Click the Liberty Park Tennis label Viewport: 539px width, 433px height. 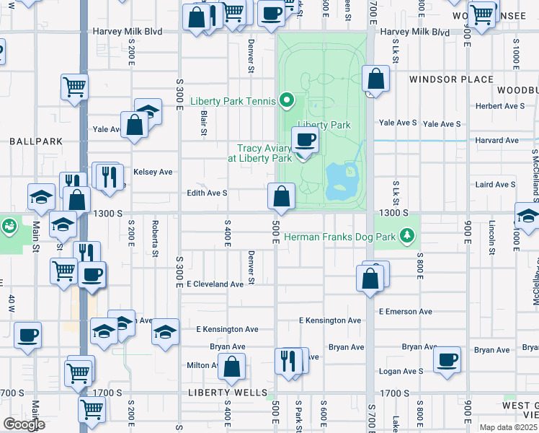(x=234, y=101)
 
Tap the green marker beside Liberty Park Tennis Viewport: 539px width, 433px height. (x=287, y=100)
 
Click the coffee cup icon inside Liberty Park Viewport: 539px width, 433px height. (x=305, y=139)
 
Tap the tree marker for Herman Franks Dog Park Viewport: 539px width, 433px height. (x=408, y=235)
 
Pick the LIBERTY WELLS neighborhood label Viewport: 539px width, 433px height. (x=223, y=393)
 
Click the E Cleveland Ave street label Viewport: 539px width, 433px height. (x=215, y=284)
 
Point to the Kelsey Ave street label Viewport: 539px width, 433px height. (x=153, y=172)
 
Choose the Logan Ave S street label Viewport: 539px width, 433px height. (x=401, y=371)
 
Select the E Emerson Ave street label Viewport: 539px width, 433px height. (x=405, y=311)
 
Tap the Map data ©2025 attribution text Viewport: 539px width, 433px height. (x=507, y=427)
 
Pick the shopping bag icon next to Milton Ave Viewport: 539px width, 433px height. (x=232, y=367)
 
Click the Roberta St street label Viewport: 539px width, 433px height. (x=155, y=238)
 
